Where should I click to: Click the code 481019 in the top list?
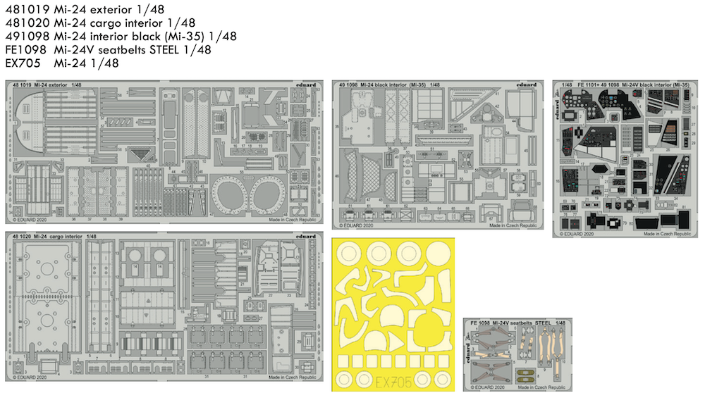26,8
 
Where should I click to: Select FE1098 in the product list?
26,50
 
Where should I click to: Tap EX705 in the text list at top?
23,64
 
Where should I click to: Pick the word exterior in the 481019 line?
106,8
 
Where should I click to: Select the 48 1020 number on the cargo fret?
23,236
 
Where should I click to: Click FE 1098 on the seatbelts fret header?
477,323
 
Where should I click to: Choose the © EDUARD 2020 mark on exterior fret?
30,220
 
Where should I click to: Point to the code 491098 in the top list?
26,36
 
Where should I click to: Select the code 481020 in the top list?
26,22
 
